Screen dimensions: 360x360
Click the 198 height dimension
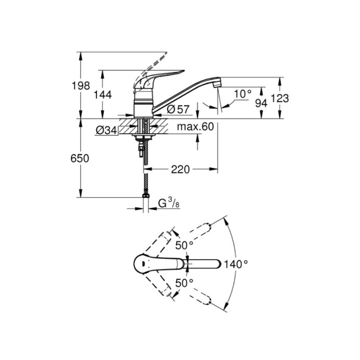81,86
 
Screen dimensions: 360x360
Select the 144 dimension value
103,94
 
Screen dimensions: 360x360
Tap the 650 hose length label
80,158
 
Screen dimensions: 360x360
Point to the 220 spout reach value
180,170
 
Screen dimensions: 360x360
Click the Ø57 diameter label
178,109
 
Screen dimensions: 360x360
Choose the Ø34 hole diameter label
107,130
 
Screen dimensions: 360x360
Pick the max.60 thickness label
195,126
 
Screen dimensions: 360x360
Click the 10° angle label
243,94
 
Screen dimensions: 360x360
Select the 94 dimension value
261,103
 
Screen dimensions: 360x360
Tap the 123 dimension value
280,98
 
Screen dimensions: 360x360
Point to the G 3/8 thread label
169,203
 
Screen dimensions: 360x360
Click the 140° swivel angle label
236,264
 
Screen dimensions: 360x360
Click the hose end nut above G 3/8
145,196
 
